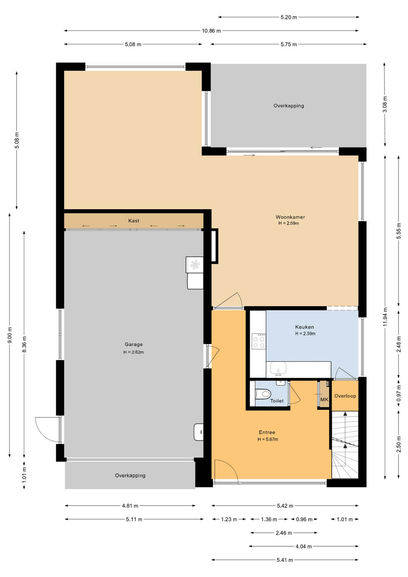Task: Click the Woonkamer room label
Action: pos(290,217)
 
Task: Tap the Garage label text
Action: pos(134,344)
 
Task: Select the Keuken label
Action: pos(305,327)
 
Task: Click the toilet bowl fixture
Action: pos(263,394)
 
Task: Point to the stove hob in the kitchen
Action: pos(259,341)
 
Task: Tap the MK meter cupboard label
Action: pos(324,399)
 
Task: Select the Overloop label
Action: pos(345,396)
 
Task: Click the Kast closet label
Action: pos(134,220)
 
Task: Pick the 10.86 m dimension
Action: pos(211,30)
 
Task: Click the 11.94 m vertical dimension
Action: pos(385,317)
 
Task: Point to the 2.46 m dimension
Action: pos(284,532)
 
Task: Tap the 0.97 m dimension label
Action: pos(399,393)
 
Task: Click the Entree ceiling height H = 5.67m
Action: pos(268,439)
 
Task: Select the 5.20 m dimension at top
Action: pos(288,17)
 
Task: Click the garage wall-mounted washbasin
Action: pos(199,432)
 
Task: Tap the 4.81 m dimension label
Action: pos(130,506)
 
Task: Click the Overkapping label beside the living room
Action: pos(289,106)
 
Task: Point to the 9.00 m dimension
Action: pos(10,335)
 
